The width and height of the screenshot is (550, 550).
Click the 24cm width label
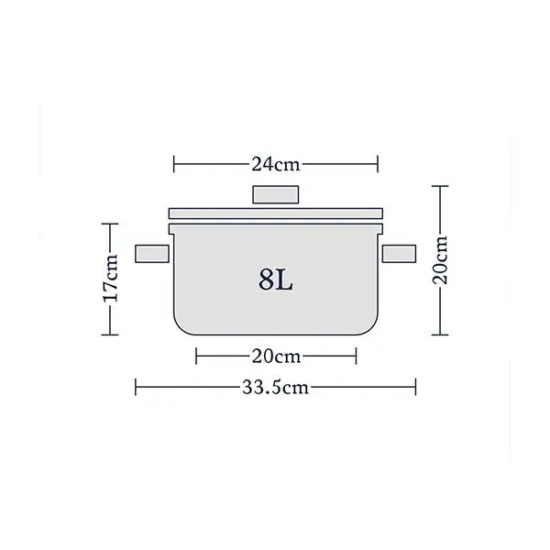point(276,165)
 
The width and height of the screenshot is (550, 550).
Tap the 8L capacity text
point(275,280)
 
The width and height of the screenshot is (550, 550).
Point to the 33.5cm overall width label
point(276,387)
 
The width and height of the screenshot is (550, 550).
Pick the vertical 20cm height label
point(441,260)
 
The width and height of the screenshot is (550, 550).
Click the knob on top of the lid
point(276,195)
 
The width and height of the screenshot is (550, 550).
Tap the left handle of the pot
point(152,255)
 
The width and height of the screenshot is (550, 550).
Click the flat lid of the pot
point(276,213)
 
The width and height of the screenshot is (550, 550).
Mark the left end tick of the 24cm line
point(173,165)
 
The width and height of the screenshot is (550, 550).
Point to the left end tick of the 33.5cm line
point(136,387)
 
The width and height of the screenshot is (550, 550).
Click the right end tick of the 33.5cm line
point(416,387)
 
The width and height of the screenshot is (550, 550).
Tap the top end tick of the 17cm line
point(111,224)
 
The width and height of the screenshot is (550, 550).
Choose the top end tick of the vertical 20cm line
point(441,186)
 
